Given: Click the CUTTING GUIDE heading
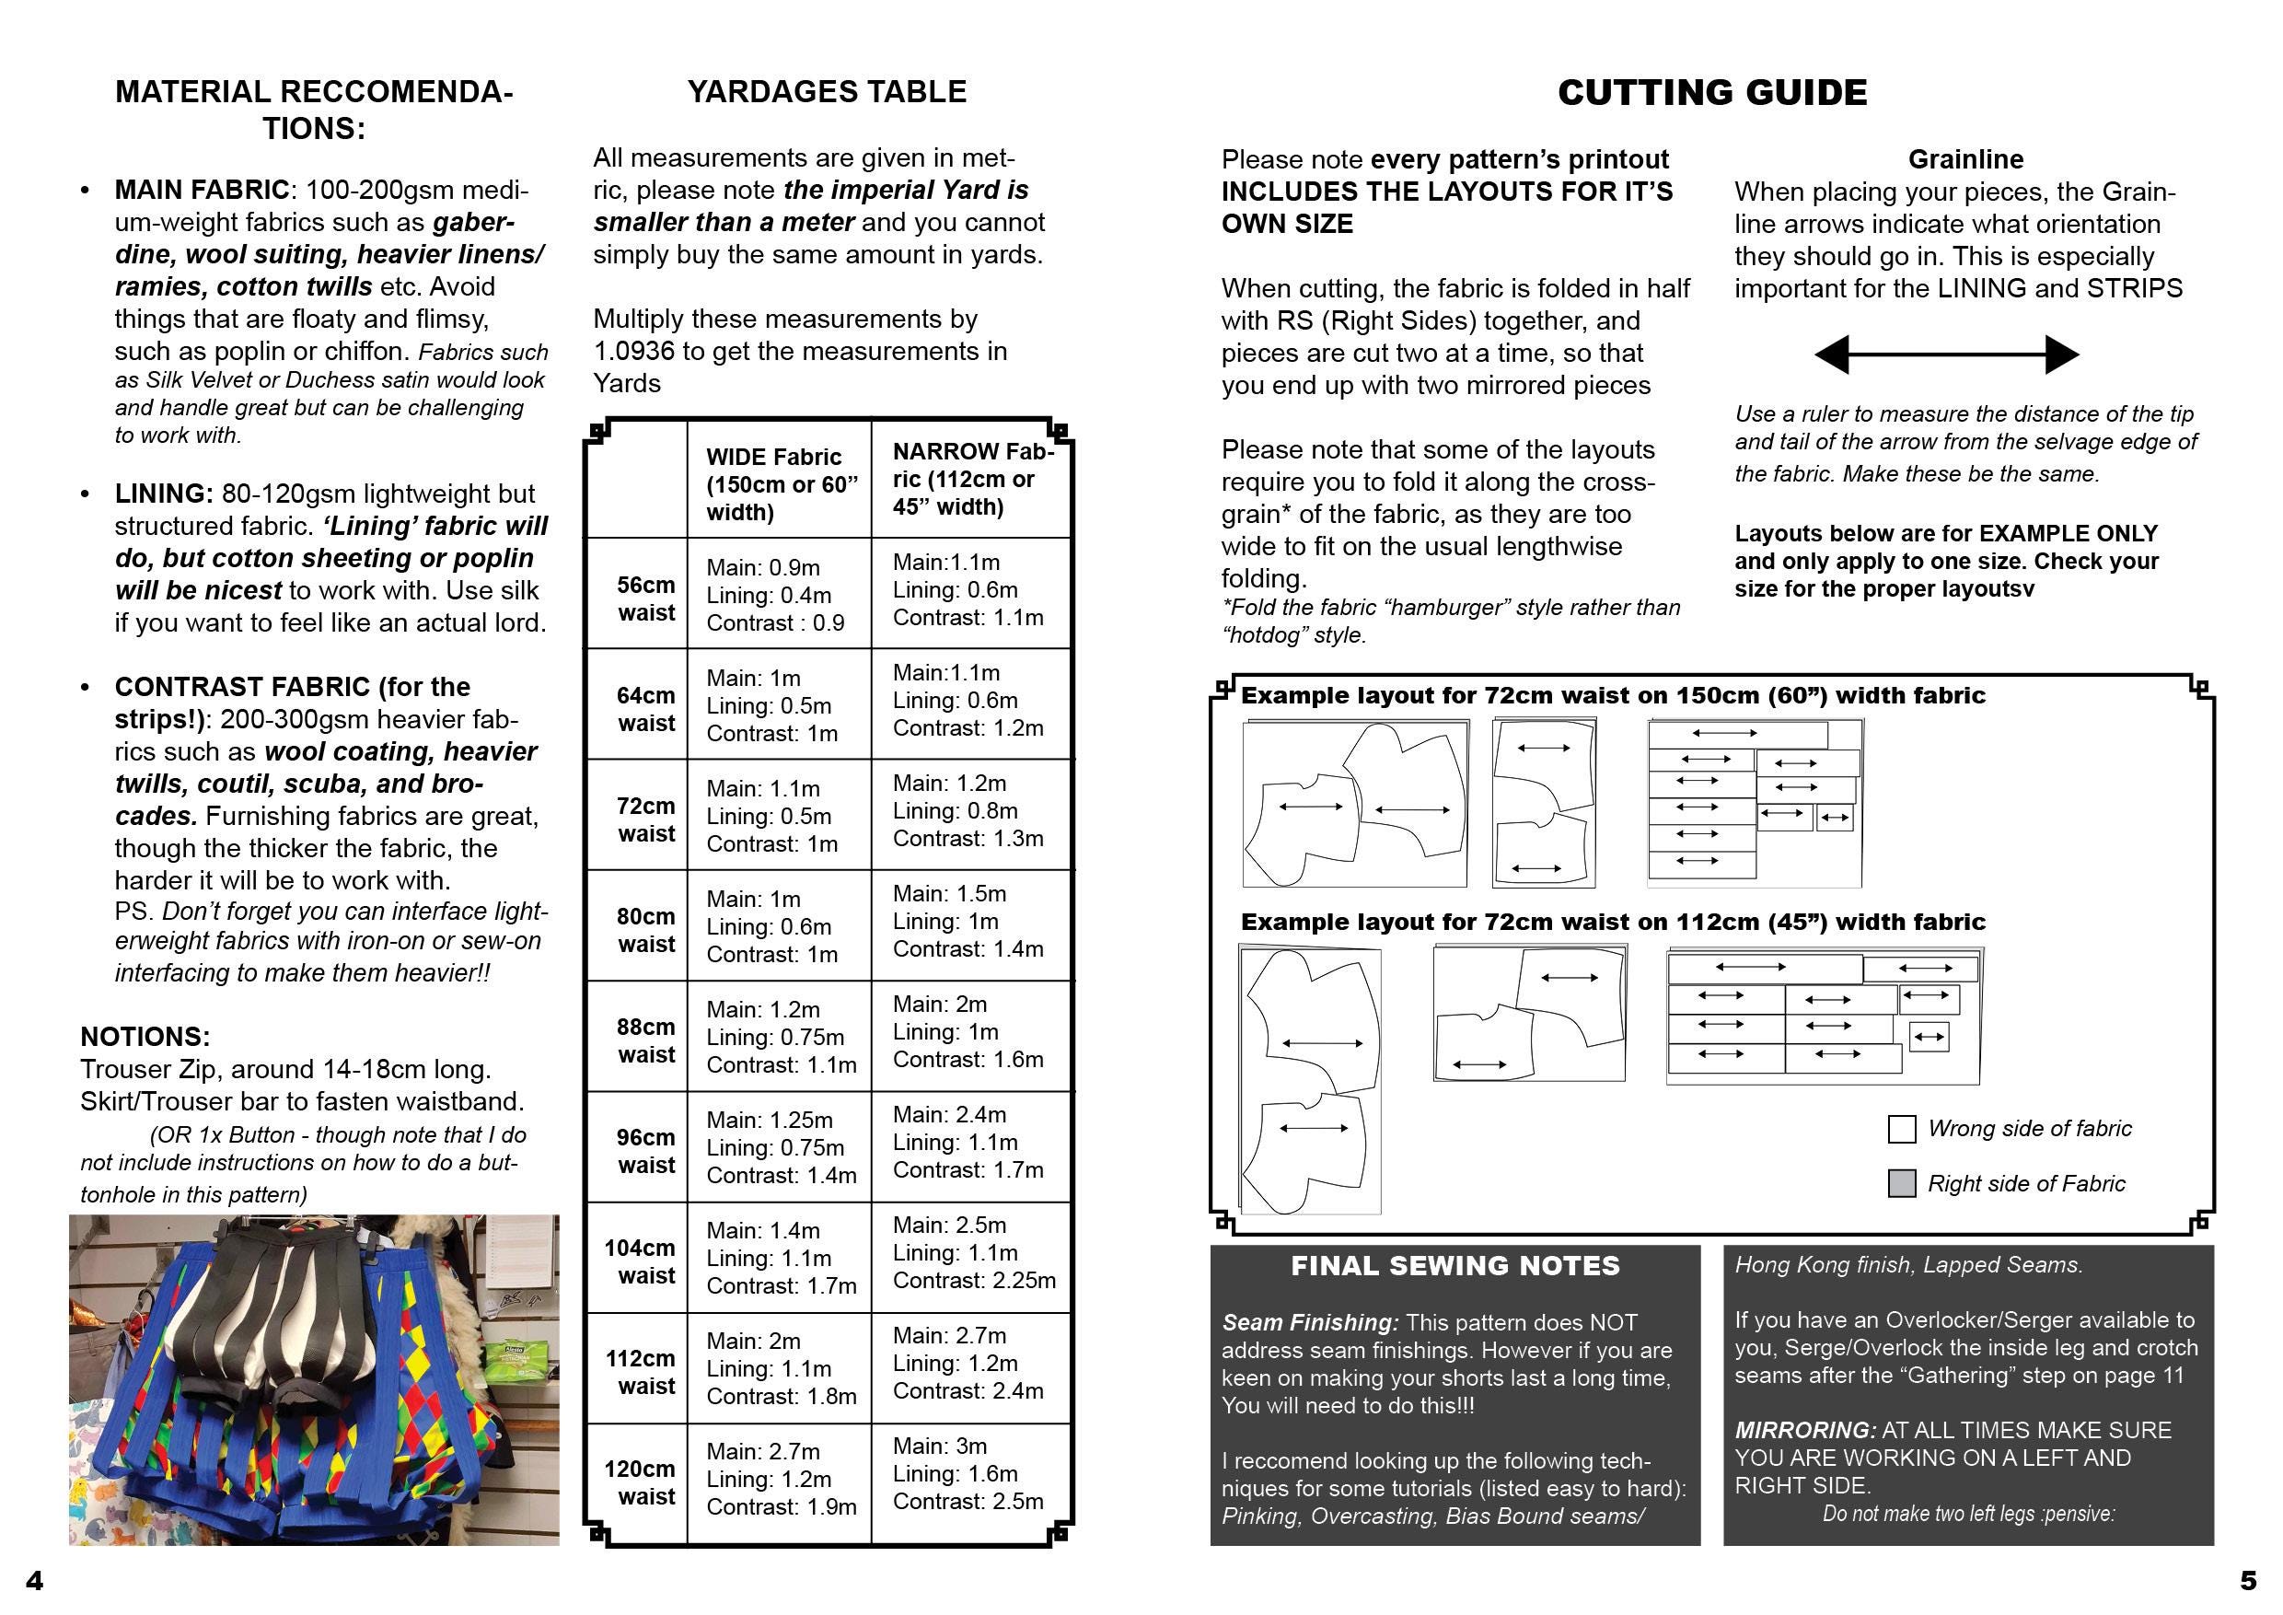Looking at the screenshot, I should coord(1711,92).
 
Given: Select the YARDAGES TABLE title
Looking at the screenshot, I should coord(827,91).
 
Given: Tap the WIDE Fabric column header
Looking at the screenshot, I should coord(781,484).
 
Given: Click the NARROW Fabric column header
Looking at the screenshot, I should coord(971,480).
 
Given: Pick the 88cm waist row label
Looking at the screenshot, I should coord(645,1040).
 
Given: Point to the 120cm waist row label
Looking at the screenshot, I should coord(640,1482).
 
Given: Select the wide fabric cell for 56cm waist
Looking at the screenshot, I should coord(776,595).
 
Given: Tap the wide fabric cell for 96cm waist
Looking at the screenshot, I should coord(781,1147).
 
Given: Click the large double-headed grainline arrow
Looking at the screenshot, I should coord(1946,354).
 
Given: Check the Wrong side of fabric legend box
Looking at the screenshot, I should coord(1901,1129).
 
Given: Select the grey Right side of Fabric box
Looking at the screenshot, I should coord(1901,1183).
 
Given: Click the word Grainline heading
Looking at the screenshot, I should coord(1964,159).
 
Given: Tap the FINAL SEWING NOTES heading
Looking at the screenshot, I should coord(1454,1266).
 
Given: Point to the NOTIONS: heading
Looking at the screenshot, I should coord(145,1036).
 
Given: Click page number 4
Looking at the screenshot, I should coord(34,1580).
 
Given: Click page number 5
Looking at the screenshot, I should coord(2248,1580).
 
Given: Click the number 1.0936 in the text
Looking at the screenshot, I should coord(634,351).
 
